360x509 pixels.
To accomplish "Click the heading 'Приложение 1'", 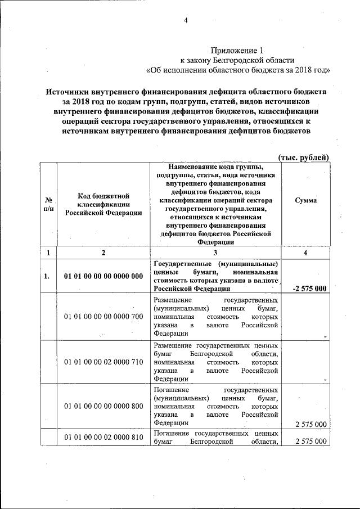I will pos(236,51).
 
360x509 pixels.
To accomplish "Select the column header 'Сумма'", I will pos(305,200).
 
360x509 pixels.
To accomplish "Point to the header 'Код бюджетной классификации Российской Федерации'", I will pos(103,204).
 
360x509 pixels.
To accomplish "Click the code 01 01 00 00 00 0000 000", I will pos(103,276).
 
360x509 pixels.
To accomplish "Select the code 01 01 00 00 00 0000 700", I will pos(103,317).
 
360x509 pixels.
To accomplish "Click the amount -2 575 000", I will pos(309,289).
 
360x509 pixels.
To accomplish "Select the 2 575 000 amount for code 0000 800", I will pos(310,424).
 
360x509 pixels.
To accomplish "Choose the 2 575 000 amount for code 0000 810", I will pos(310,442).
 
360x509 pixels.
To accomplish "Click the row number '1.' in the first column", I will pos(48,276).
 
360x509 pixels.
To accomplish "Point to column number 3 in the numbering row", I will pos(215,253).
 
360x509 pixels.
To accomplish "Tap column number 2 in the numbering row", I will pos(103,253).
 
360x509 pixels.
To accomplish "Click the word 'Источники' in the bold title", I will pos(71,91).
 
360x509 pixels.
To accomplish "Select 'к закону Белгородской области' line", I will pos(236,60).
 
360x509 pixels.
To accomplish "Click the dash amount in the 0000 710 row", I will pos(325,380).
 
